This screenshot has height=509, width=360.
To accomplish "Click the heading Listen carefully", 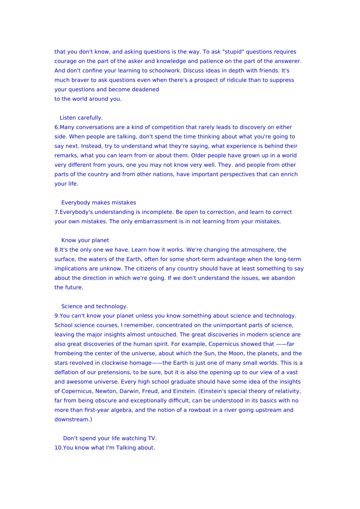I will [x=81, y=118].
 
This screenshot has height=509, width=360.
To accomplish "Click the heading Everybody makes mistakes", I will [x=99, y=203].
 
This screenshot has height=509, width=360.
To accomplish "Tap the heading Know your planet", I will [x=85, y=240].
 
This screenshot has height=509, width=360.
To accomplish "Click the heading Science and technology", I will [x=94, y=306].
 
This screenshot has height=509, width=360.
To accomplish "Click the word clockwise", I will [x=114, y=363].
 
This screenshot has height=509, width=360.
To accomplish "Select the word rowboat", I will [x=200, y=410].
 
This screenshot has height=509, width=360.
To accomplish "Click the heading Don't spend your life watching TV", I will [x=110, y=439].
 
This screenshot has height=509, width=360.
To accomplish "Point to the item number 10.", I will [x=58, y=448].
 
